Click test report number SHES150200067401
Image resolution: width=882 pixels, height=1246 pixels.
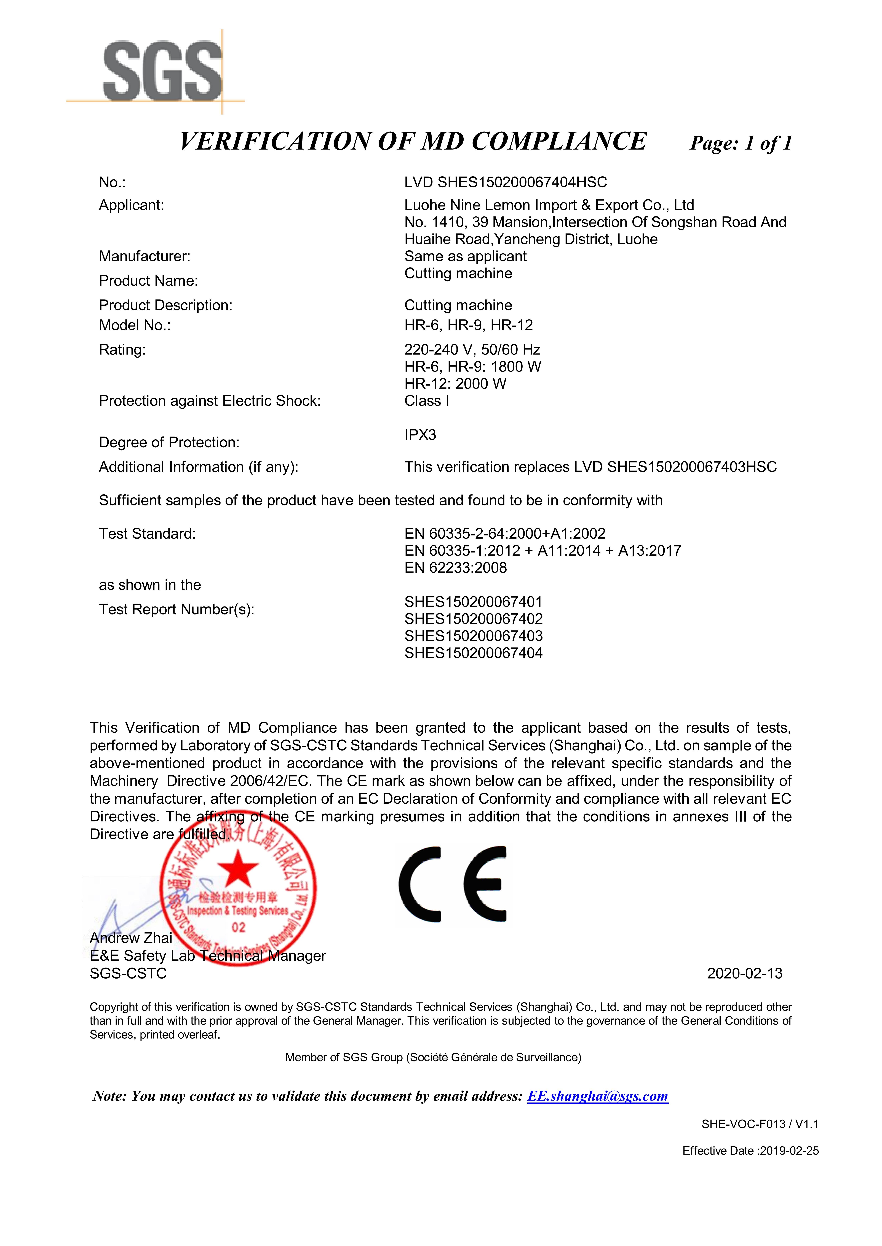point(473,602)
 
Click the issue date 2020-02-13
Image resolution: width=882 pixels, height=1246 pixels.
point(745,974)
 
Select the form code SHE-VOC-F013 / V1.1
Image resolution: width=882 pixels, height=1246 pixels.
point(760,1124)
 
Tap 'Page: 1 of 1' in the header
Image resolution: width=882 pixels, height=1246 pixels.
point(741,143)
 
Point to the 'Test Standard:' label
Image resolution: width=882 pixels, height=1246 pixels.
point(147,534)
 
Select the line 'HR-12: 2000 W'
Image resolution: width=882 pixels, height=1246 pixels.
point(455,384)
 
